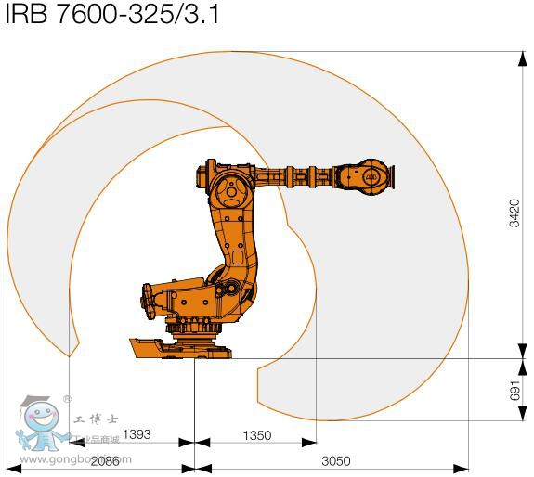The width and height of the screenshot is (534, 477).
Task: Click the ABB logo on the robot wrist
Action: [x=370, y=174]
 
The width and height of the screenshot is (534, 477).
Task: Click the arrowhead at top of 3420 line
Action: [x=515, y=58]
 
